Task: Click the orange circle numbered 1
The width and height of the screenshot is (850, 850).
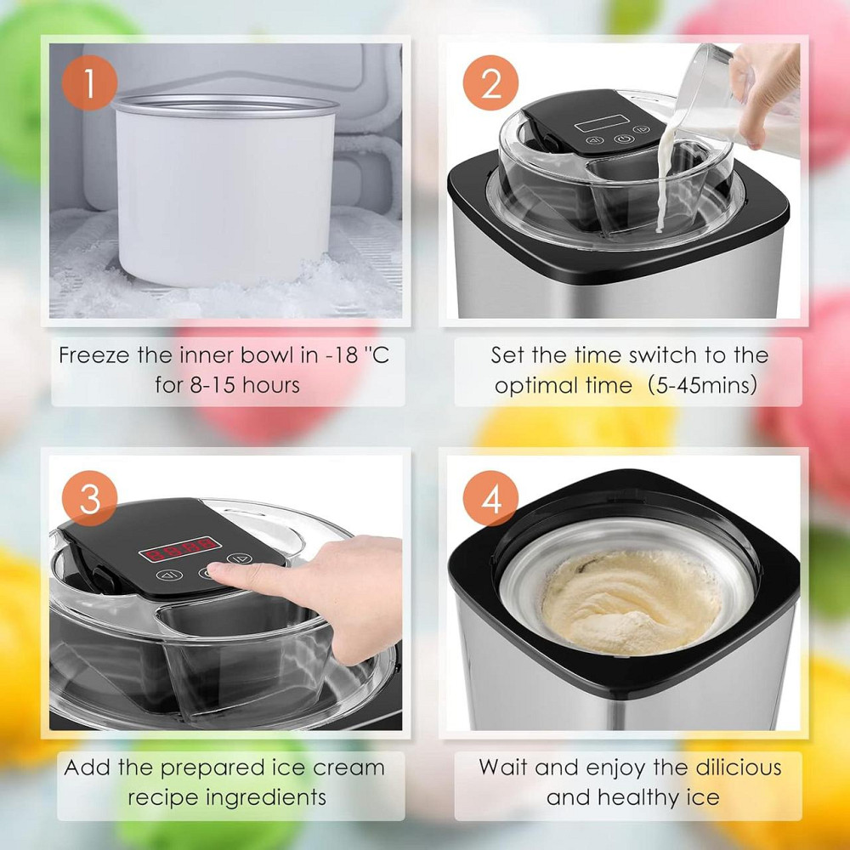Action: pyautogui.click(x=89, y=83)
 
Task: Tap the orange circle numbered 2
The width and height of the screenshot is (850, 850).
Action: pyautogui.click(x=490, y=83)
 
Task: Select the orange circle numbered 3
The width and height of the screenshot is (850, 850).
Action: pyautogui.click(x=89, y=498)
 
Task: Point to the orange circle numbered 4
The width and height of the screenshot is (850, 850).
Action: pyautogui.click(x=490, y=498)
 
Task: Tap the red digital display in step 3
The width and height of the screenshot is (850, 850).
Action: pyautogui.click(x=180, y=549)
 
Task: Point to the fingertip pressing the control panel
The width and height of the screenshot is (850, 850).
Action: pyautogui.click(x=217, y=569)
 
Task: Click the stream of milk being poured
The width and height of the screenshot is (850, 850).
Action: pyautogui.click(x=665, y=178)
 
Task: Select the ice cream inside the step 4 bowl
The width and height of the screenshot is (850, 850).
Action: pyautogui.click(x=631, y=602)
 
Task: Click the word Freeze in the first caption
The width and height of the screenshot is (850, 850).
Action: pyautogui.click(x=94, y=355)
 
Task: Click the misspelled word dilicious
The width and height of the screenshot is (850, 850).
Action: pyautogui.click(x=739, y=768)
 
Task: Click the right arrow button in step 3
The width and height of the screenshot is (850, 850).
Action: pyautogui.click(x=239, y=558)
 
